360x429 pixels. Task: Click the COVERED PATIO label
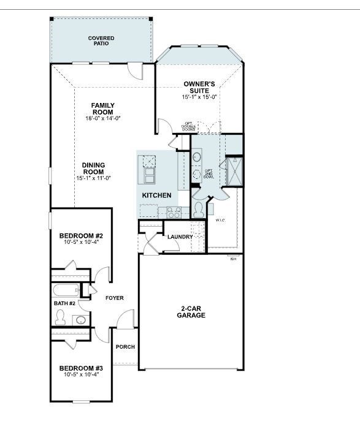pos(101,42)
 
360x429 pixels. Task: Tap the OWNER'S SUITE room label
pos(200,87)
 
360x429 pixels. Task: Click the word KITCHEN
pos(156,196)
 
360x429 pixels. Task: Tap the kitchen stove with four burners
pos(173,213)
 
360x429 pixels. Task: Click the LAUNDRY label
pos(180,237)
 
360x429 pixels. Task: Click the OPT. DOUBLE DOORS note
pos(189,127)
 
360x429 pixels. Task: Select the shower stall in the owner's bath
pos(234,171)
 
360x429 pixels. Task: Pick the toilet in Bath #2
pos(60,317)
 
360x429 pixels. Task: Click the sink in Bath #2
pos(80,319)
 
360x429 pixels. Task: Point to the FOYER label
pos(114,298)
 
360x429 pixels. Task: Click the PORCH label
pos(125,347)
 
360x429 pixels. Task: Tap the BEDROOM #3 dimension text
pos(81,375)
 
